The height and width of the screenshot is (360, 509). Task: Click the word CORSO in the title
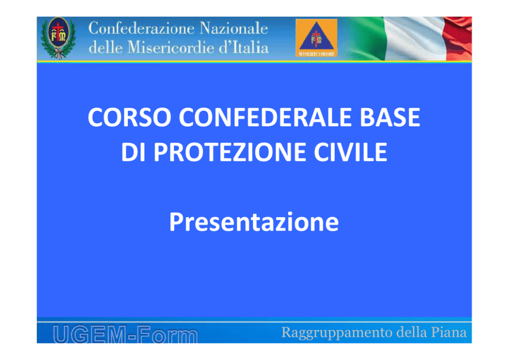[x=129, y=117]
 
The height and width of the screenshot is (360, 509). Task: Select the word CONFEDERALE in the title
[x=265, y=117]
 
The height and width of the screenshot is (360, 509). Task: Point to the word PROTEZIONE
[x=229, y=151]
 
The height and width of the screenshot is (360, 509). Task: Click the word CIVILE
[x=350, y=151]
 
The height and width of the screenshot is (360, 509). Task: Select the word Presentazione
[x=254, y=222]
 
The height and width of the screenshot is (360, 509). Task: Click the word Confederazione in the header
[x=141, y=28]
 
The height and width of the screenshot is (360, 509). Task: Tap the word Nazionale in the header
[x=234, y=28]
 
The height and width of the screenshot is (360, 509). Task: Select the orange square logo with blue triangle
[x=316, y=37]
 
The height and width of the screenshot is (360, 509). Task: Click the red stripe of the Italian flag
[x=458, y=39]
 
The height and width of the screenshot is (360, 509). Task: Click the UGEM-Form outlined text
[x=125, y=334]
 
